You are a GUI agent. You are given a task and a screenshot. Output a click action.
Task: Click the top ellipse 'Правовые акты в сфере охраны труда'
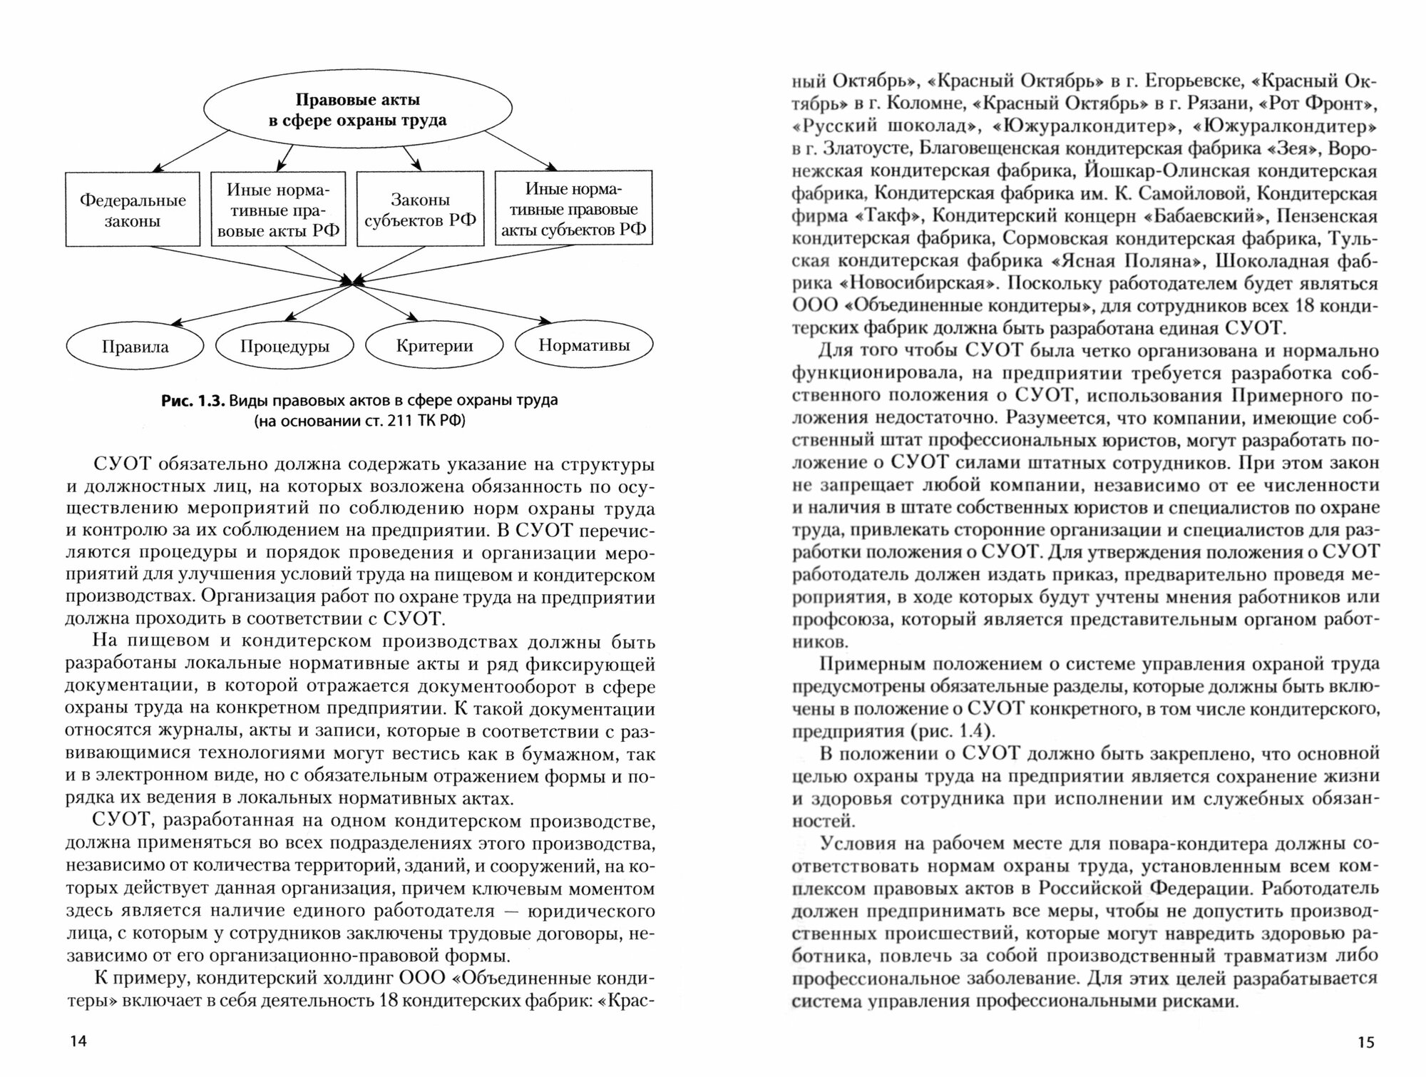point(357,109)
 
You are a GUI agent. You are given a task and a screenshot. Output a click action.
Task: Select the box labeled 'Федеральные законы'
point(133,210)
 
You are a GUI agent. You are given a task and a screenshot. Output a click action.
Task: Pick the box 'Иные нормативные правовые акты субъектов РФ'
point(573,208)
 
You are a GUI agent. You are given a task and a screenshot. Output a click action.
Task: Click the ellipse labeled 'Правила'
point(135,347)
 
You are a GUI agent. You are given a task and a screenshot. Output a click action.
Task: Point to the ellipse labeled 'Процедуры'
point(284,347)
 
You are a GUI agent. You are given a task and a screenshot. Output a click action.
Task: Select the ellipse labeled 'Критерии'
point(434,346)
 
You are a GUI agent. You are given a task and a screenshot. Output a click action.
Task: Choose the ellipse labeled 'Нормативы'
point(584,345)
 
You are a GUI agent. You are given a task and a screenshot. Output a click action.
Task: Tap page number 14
point(78,1041)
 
